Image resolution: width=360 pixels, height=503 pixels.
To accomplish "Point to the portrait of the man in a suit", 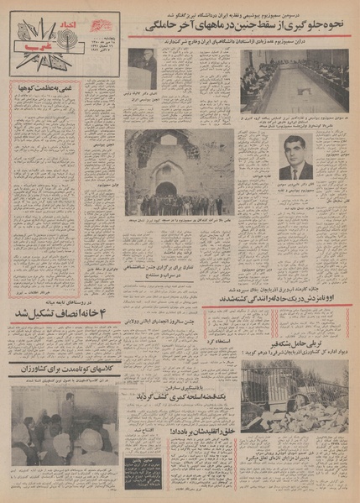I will tap(296, 157).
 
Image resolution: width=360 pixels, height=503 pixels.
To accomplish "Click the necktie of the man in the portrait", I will tap(296, 171).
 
